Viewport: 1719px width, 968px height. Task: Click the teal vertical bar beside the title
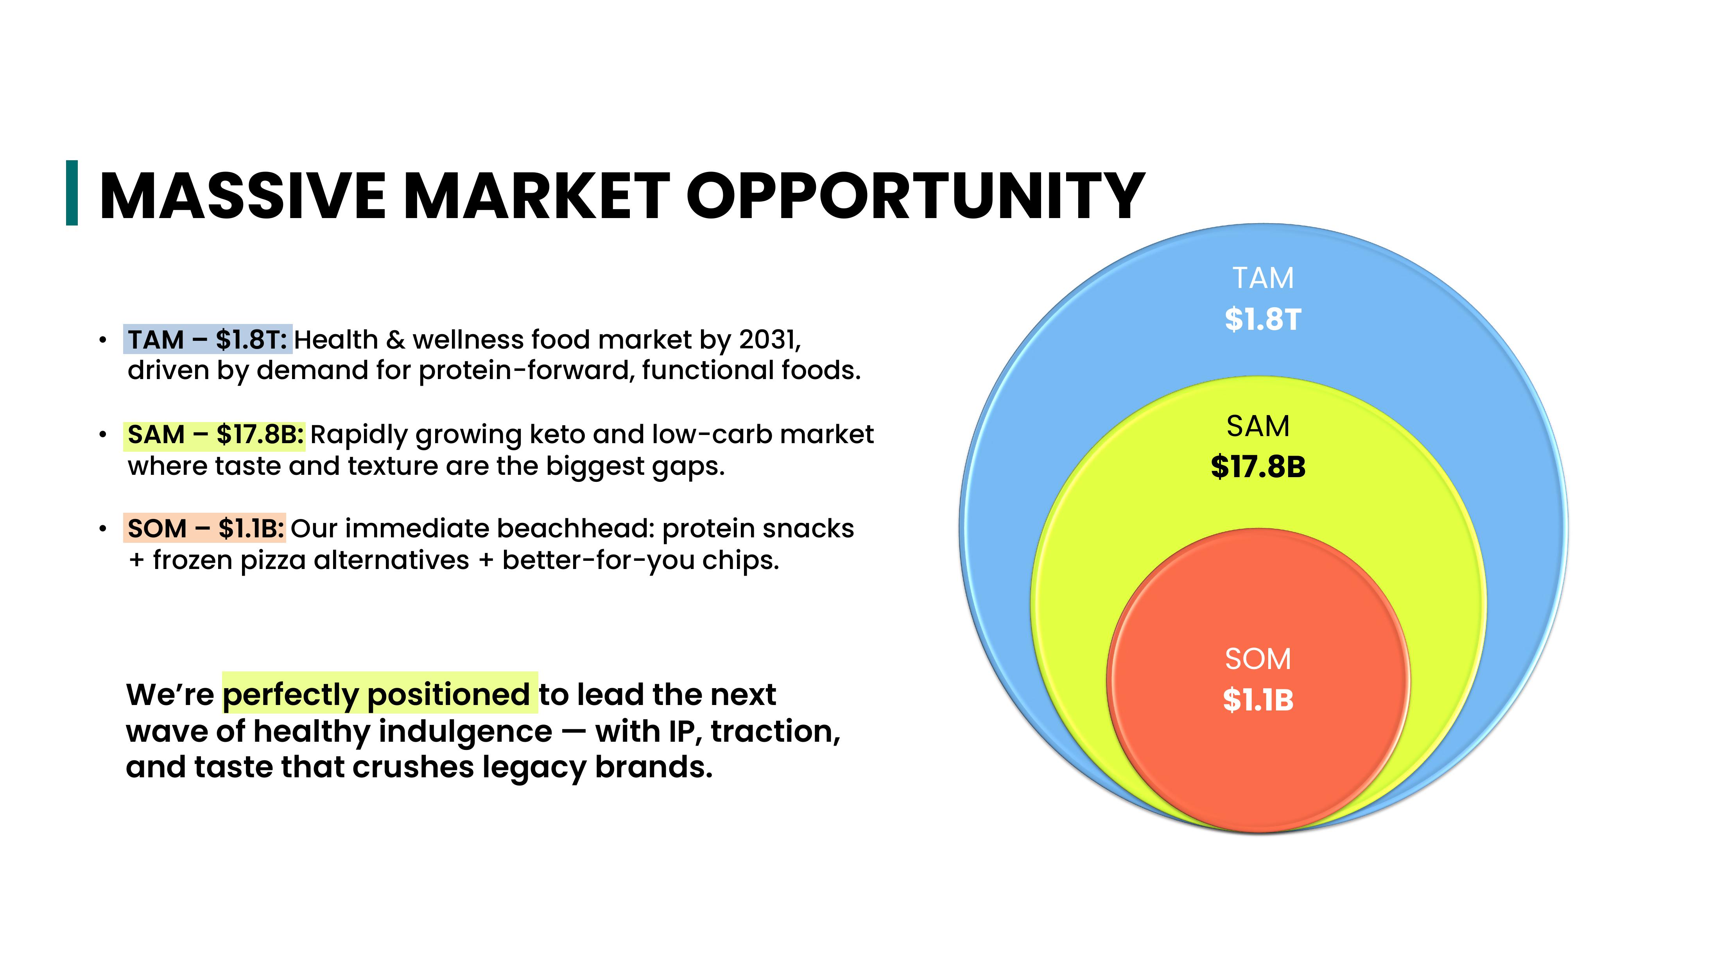(72, 193)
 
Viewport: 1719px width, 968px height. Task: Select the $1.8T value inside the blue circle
(1262, 319)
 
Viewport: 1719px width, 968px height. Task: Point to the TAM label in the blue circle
(1262, 277)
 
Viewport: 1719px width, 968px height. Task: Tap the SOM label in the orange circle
(1258, 659)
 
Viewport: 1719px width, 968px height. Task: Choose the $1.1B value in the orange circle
(1258, 700)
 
